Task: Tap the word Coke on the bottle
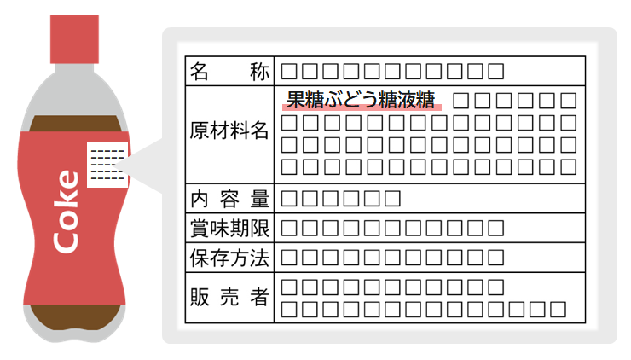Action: click(x=67, y=212)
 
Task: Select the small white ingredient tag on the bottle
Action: click(x=107, y=164)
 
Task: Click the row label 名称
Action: click(x=229, y=71)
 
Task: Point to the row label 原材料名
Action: click(x=229, y=132)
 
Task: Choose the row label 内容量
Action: click(x=229, y=200)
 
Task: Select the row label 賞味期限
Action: click(x=229, y=228)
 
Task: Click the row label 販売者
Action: click(x=229, y=297)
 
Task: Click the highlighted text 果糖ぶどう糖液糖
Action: click(x=361, y=99)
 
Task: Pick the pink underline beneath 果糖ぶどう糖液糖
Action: click(x=361, y=108)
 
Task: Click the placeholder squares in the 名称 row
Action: click(x=392, y=71)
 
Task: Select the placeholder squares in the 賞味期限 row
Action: click(x=392, y=228)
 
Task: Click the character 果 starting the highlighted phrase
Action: click(x=295, y=99)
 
